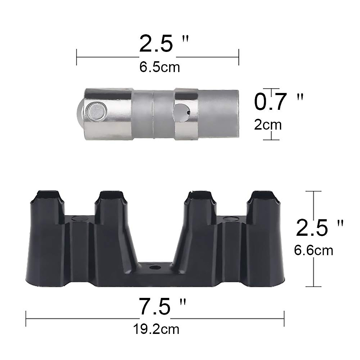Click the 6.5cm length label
[x=160, y=67]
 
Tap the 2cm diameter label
[x=268, y=125]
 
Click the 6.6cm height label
[x=313, y=250]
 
